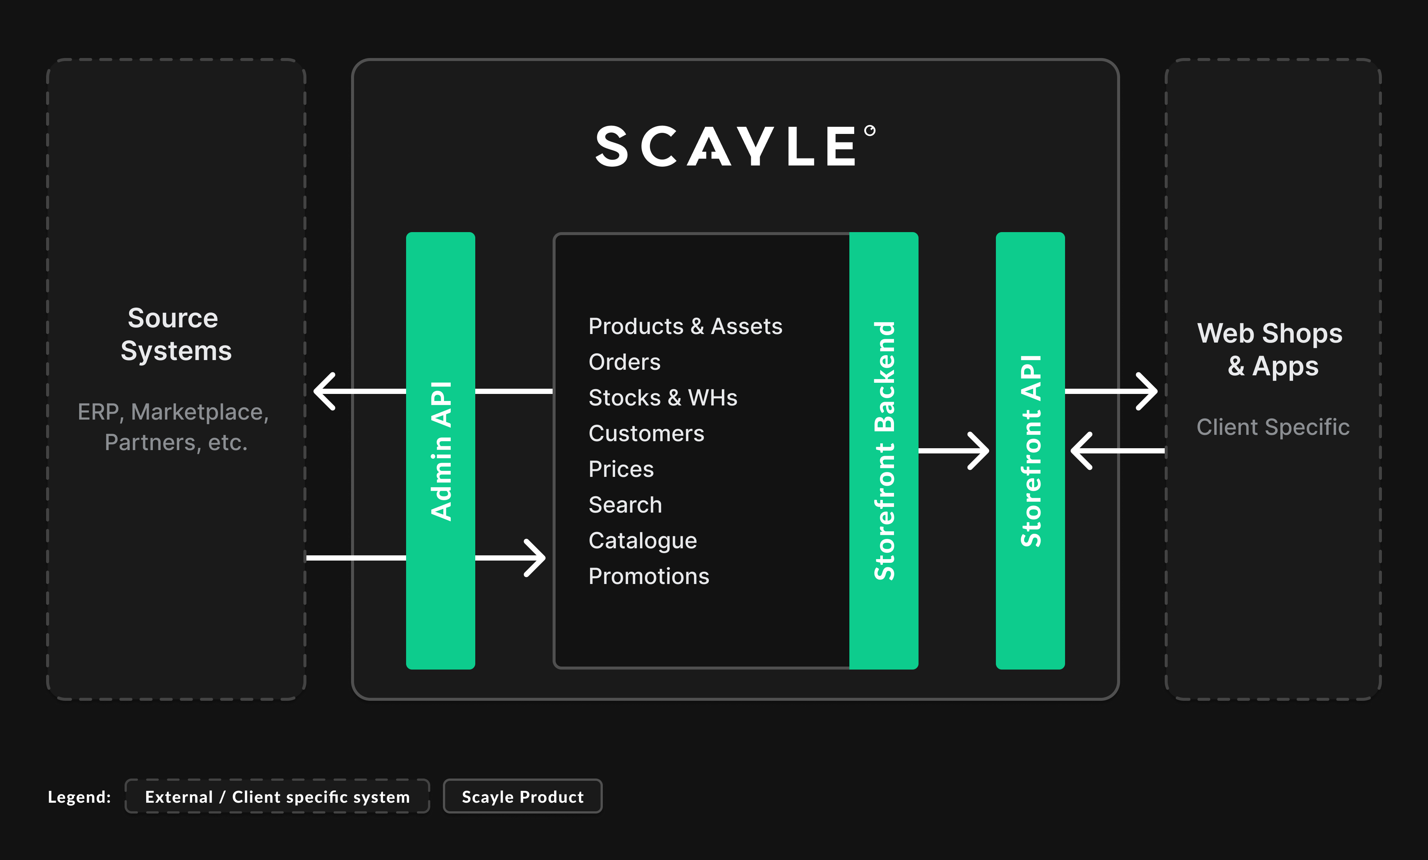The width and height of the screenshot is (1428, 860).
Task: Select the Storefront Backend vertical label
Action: [884, 451]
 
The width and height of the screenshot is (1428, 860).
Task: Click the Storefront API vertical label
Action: [1030, 451]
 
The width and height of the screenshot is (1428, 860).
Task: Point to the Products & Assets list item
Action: [685, 326]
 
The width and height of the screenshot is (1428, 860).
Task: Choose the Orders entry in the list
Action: [624, 362]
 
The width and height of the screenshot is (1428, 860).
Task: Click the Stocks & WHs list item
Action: [662, 398]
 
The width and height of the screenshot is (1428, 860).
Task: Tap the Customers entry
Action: [646, 433]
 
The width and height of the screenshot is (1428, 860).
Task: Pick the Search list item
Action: [624, 505]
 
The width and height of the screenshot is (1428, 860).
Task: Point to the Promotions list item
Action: [648, 577]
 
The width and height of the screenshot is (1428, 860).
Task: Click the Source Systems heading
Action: [175, 334]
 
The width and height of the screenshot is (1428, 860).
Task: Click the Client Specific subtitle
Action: [1273, 427]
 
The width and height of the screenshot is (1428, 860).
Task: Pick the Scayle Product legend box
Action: [522, 797]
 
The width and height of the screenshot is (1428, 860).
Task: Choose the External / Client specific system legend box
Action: [277, 797]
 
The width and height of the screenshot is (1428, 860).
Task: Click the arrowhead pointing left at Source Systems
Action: [324, 391]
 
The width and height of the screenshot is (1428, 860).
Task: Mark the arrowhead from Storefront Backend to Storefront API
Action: [979, 451]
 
